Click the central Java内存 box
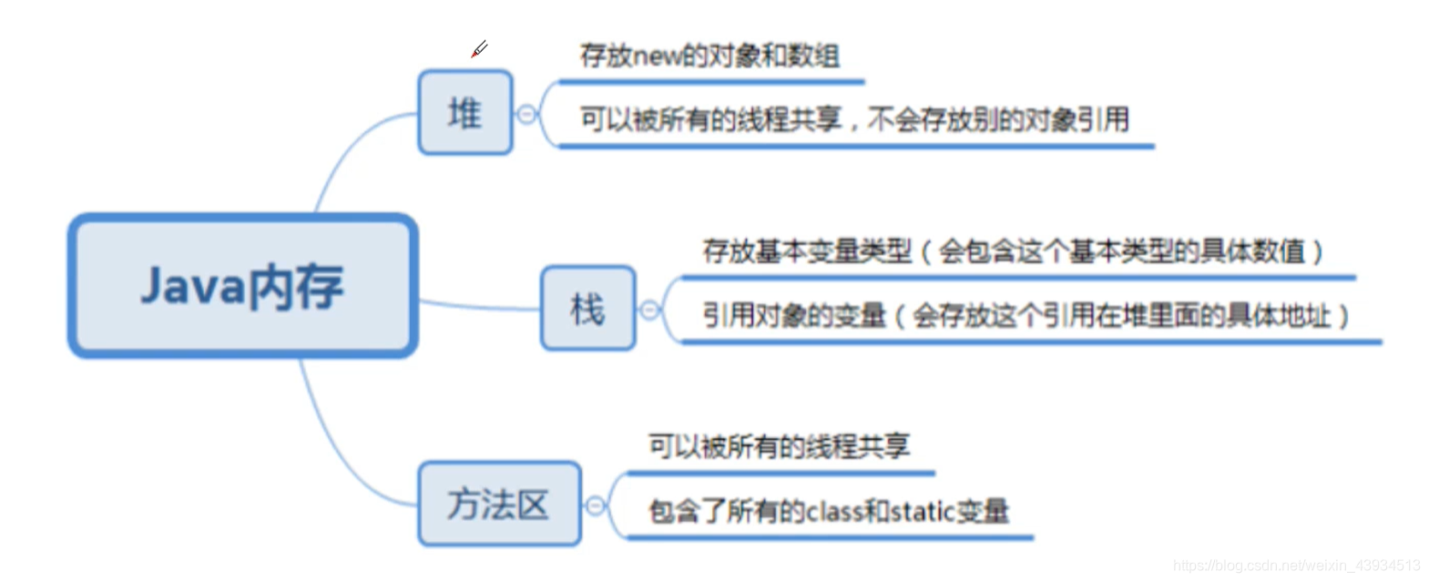point(243,286)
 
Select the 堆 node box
point(464,113)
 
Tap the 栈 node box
point(587,309)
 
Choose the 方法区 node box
point(498,504)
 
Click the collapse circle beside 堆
point(526,114)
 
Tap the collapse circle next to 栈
point(649,310)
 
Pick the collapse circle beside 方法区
point(595,505)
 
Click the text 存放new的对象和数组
point(709,56)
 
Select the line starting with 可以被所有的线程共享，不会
point(853,119)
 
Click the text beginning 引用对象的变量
point(1025,316)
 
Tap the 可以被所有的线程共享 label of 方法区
point(779,446)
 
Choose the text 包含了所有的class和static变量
point(828,512)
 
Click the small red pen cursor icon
point(479,49)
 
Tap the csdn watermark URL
point(1296,566)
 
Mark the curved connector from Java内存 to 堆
point(342,155)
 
